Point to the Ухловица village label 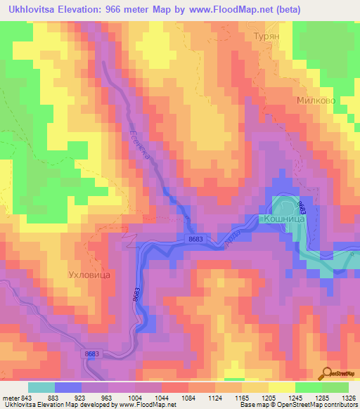(89, 276)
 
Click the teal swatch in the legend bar (41, 387)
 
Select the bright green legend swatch (309, 387)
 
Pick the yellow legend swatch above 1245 (281, 387)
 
